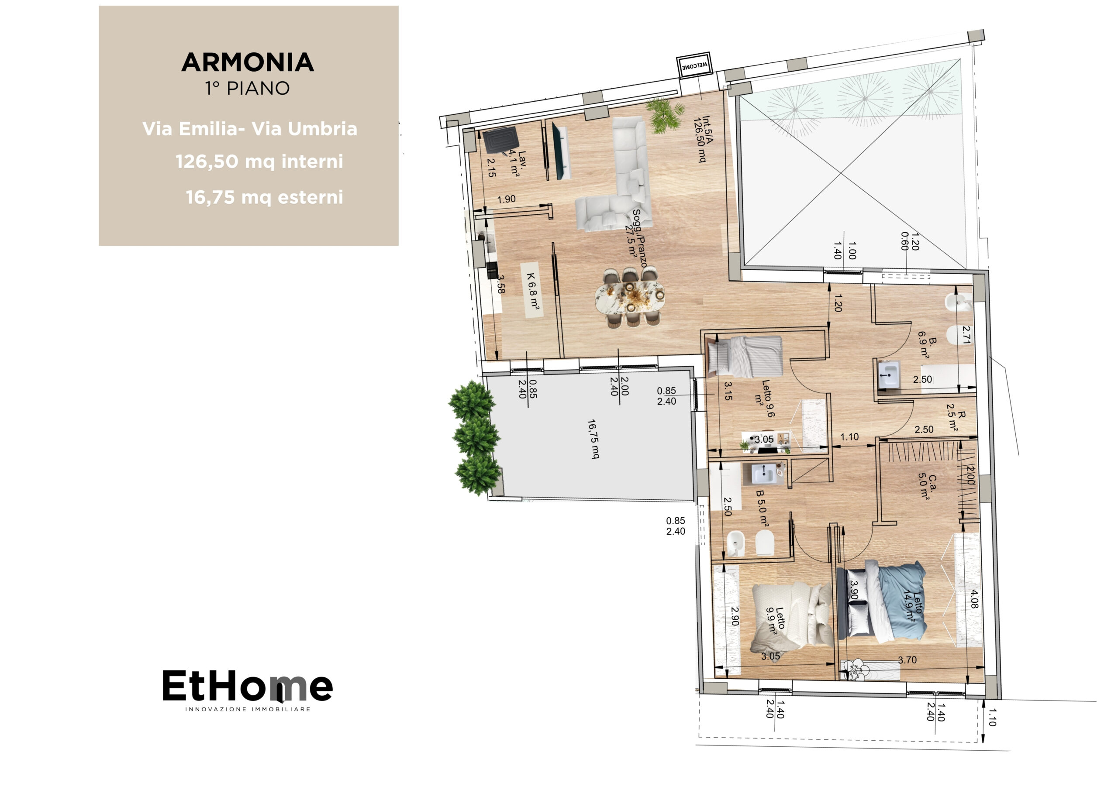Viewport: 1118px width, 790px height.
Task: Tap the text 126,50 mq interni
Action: coord(259,161)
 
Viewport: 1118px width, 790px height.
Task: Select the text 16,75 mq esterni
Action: coord(264,197)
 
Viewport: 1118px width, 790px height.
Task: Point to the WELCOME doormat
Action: coord(694,65)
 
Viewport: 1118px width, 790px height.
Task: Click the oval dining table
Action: coord(630,296)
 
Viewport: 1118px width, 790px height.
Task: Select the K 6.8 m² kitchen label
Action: coord(533,291)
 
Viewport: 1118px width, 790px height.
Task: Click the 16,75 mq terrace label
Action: coord(593,439)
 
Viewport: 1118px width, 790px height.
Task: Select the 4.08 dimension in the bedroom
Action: coord(974,599)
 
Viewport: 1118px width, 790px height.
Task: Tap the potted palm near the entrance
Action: coord(664,115)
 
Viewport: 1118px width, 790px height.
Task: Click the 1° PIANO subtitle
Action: coord(247,89)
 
